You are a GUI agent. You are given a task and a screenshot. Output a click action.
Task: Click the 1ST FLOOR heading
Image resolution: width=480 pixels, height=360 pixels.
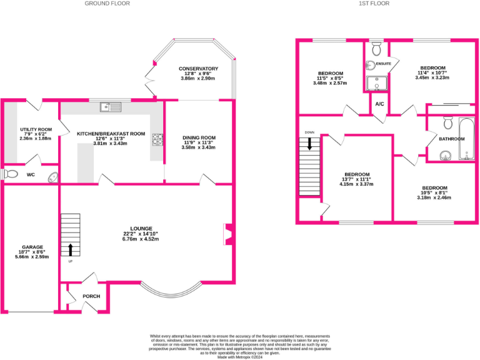pos(374,4)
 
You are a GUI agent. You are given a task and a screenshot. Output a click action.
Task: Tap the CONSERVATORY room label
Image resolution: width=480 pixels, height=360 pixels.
pos(197,69)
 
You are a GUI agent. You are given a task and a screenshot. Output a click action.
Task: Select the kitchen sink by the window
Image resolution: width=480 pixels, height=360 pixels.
pos(110,107)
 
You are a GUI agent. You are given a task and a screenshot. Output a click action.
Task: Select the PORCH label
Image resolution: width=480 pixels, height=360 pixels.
pos(91,296)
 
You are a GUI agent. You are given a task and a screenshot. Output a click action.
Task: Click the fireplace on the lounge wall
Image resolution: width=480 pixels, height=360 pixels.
pos(227,234)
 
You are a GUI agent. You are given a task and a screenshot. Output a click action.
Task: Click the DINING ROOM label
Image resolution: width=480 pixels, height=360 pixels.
pos(199,137)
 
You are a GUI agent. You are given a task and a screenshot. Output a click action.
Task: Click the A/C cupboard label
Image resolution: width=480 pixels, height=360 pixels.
pos(379,104)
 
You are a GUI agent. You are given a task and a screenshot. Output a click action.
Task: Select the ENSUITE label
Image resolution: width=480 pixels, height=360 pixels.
pos(382,64)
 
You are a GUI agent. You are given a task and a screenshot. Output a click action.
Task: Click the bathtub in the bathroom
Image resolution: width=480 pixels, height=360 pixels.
pos(466,137)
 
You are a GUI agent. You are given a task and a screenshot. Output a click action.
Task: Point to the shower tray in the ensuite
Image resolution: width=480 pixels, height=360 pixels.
pos(376,84)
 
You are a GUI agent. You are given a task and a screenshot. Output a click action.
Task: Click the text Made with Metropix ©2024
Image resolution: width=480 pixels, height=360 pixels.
pos(240,357)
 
